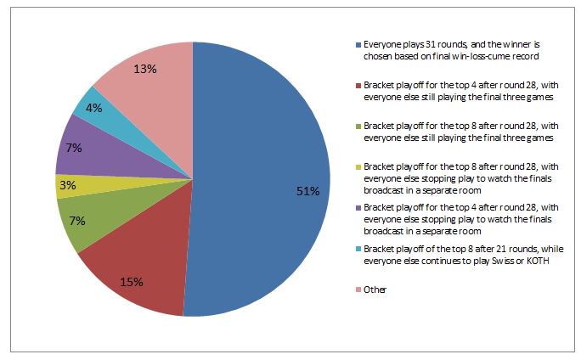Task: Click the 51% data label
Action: [307, 192]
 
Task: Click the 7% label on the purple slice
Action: [74, 149]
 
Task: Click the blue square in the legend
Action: [358, 43]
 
